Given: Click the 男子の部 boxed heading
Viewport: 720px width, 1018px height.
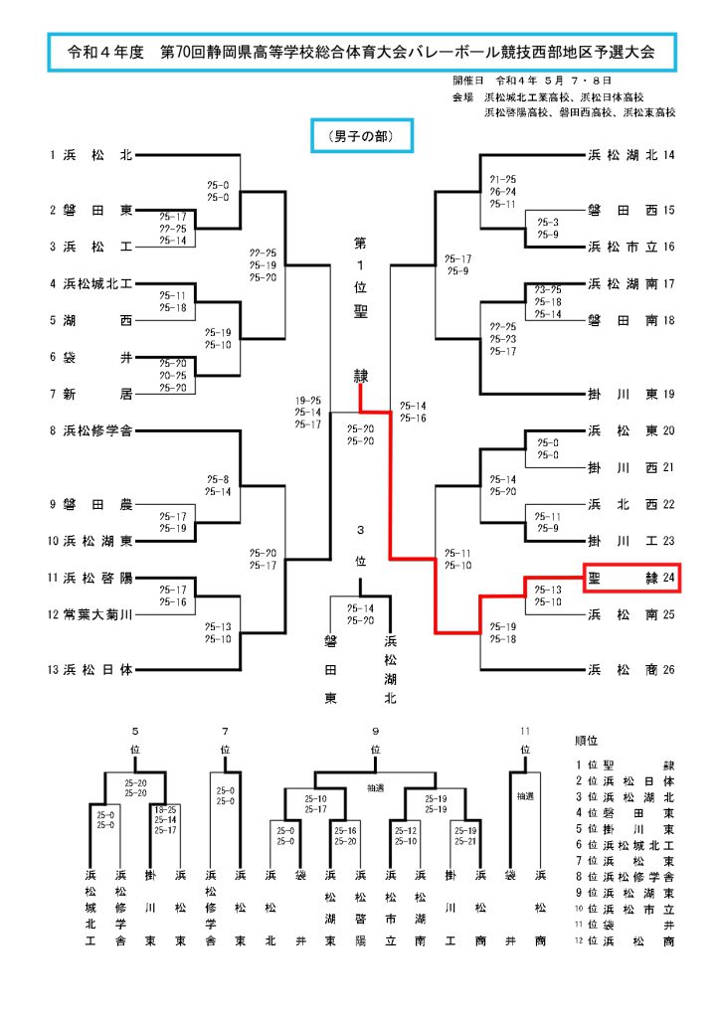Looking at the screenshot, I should click(361, 135).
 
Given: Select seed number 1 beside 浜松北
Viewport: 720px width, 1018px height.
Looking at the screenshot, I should click(54, 155).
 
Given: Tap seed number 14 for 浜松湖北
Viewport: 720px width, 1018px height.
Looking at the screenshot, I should click(668, 155).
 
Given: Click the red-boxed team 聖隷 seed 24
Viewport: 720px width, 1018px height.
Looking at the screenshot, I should click(630, 577).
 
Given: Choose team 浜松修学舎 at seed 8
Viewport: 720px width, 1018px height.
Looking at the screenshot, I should click(97, 431).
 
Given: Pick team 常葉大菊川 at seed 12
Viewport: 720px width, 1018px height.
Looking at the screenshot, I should click(97, 614).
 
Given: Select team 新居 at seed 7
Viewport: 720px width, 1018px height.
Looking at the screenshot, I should click(97, 394).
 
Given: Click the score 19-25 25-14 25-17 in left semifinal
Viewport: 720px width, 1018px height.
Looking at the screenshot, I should click(307, 412).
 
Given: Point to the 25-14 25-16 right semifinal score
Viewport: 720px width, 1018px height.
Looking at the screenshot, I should click(413, 412).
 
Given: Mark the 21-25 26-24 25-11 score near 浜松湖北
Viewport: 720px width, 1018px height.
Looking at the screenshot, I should click(502, 191).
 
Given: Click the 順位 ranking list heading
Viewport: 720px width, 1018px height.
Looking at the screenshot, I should click(587, 741).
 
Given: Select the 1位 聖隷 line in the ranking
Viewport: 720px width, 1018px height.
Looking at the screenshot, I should click(626, 764).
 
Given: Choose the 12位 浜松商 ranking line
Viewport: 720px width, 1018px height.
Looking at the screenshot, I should click(626, 940).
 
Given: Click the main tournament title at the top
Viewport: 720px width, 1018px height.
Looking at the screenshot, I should click(360, 52).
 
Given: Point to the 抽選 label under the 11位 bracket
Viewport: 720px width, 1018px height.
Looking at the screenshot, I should click(524, 796).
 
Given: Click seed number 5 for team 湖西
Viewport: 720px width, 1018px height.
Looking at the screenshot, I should click(54, 320).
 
